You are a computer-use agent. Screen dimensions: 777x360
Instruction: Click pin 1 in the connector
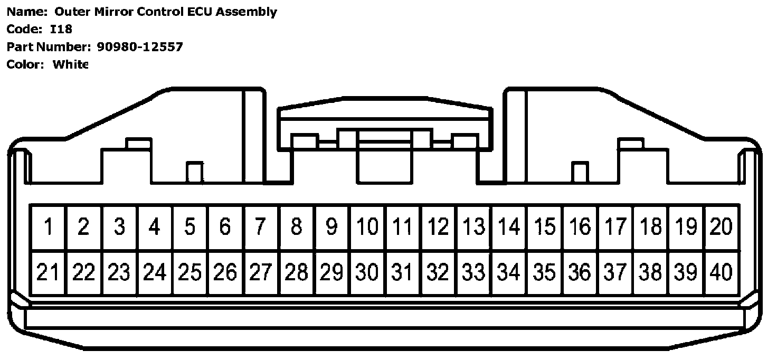click(x=48, y=227)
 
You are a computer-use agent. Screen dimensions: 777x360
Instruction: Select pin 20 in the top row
click(x=722, y=227)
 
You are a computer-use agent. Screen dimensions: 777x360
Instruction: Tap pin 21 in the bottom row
click(x=48, y=272)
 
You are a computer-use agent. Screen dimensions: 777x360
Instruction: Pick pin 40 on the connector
click(x=722, y=272)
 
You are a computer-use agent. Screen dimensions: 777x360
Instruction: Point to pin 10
click(x=367, y=227)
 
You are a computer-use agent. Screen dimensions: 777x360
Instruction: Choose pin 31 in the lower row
click(x=402, y=272)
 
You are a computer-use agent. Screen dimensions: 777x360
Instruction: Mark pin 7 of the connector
click(x=260, y=227)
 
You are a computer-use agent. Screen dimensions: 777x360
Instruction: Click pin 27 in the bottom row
click(x=260, y=272)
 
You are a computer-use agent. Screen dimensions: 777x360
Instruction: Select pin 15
click(x=545, y=227)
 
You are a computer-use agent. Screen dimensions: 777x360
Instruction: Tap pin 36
click(x=580, y=272)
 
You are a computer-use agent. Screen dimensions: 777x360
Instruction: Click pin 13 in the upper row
click(x=473, y=227)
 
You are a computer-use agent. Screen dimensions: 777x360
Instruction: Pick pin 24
click(x=154, y=272)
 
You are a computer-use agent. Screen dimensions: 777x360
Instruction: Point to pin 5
click(x=189, y=227)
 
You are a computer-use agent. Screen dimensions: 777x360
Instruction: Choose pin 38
click(x=651, y=272)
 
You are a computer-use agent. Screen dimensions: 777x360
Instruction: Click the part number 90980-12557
click(x=140, y=47)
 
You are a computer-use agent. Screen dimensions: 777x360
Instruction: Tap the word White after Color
click(x=70, y=64)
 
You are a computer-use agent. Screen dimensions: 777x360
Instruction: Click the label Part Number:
click(x=49, y=47)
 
